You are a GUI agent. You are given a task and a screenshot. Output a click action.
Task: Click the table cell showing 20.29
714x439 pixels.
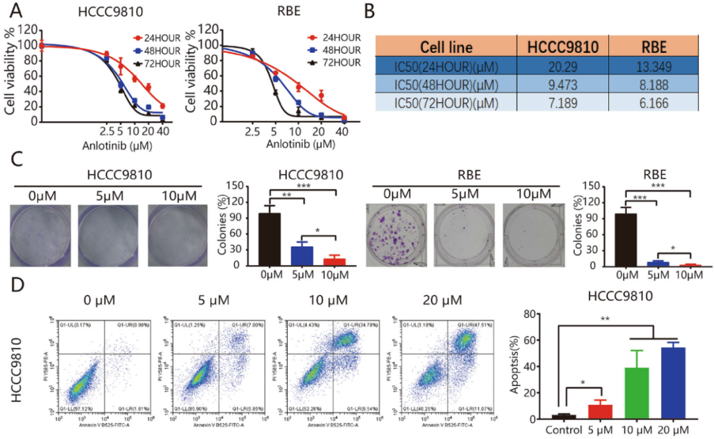tap(561, 67)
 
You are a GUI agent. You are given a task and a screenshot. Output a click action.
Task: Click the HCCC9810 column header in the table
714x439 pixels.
tap(561, 47)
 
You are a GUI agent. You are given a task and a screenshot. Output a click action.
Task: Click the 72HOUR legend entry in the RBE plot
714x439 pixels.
tap(338, 63)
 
